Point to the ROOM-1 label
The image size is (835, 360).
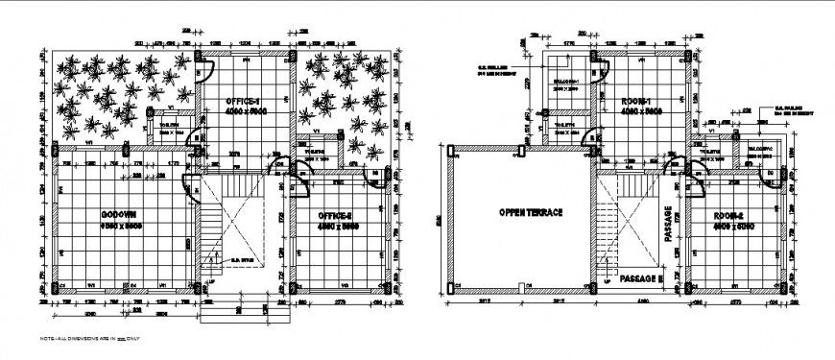[636, 101]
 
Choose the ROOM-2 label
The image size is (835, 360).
[733, 215]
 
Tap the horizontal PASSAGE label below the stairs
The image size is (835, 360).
[641, 277]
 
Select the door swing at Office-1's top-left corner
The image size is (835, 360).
[204, 67]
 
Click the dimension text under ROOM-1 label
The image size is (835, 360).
[636, 112]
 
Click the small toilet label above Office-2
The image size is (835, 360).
[310, 151]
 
